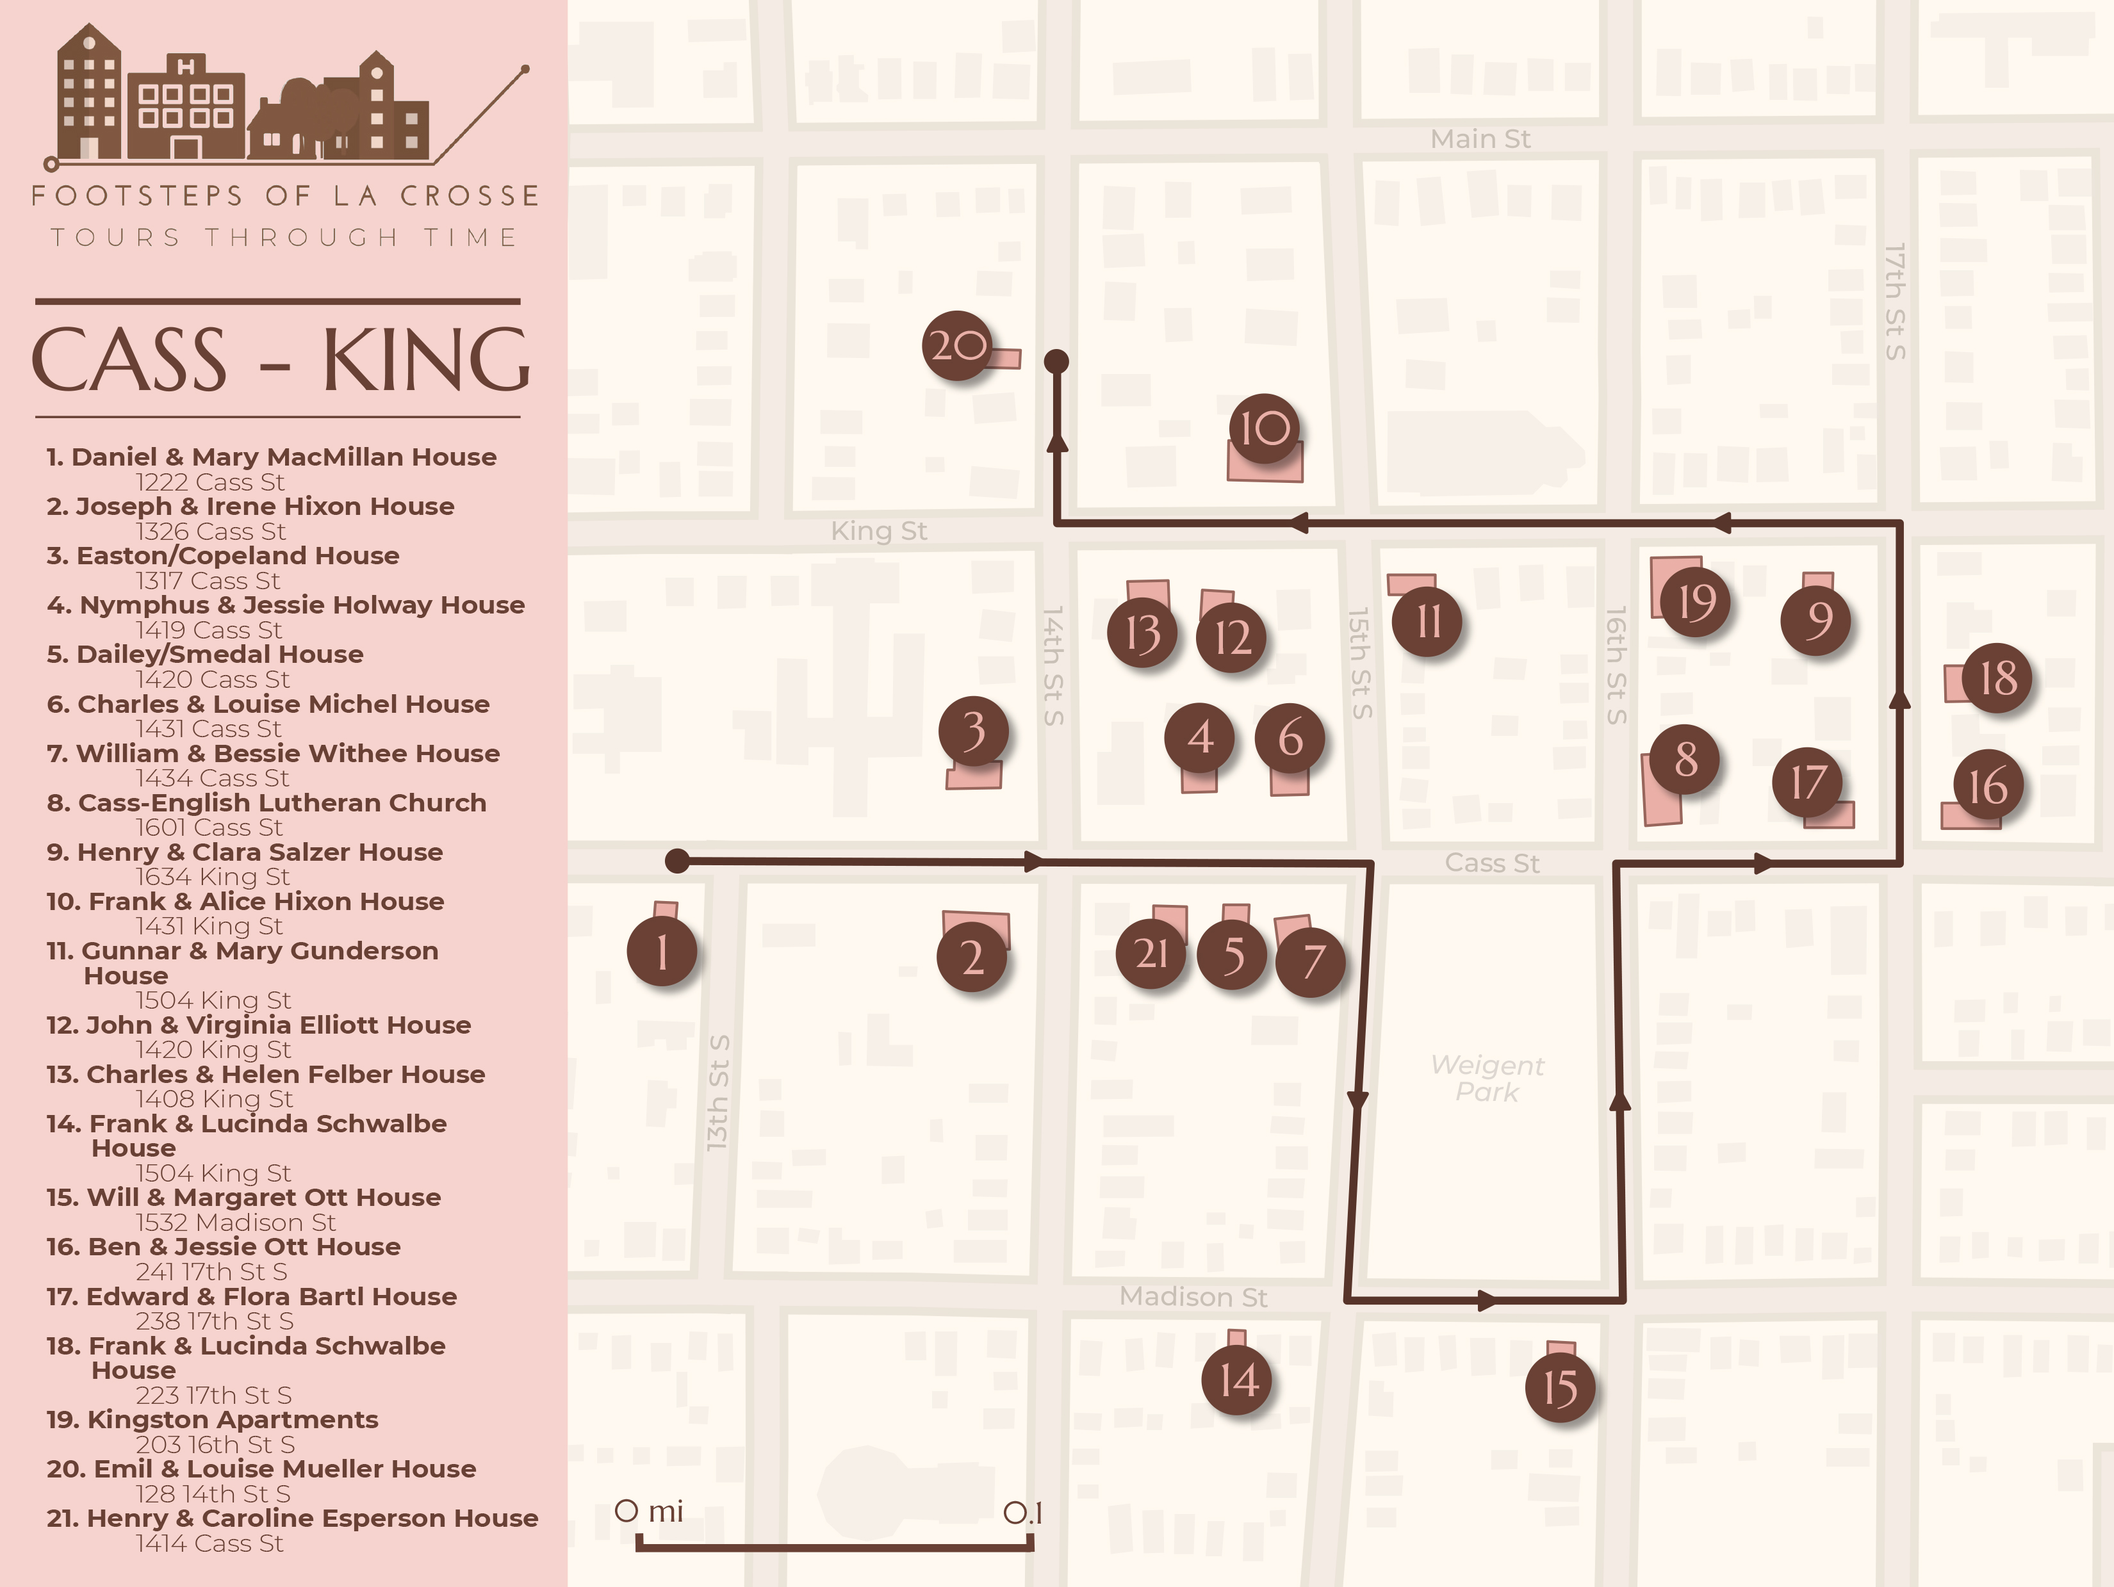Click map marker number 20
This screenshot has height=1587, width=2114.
[956, 345]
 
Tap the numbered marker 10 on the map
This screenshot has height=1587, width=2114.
[1265, 428]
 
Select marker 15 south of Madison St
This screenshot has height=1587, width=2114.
[1560, 1387]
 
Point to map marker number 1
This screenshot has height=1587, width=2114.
[661, 952]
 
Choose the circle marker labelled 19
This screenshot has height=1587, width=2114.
[1696, 602]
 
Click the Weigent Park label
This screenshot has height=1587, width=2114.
[1487, 1078]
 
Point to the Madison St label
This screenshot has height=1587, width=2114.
[1193, 1296]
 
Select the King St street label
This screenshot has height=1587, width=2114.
[878, 531]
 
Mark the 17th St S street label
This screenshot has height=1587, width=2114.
[1894, 301]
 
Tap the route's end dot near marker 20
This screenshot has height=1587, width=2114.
[1056, 361]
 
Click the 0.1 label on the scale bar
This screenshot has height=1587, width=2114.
[1022, 1513]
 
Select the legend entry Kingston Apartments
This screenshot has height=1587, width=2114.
[233, 1420]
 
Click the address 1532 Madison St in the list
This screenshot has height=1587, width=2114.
[235, 1222]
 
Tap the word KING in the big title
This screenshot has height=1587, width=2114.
[425, 359]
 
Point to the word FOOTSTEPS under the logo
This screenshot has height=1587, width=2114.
[136, 196]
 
